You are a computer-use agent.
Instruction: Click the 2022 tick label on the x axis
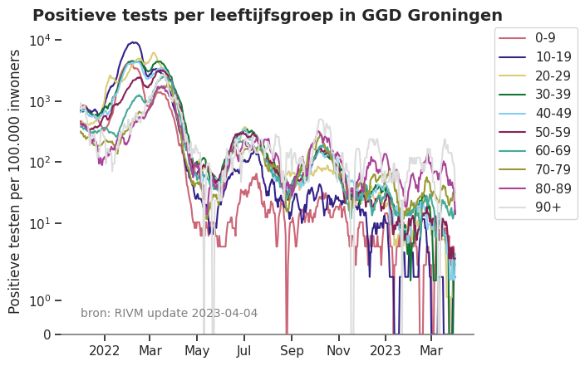pos(106,351)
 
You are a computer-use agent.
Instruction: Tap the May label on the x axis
pos(198,351)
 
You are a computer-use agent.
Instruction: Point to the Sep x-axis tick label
pos(292,351)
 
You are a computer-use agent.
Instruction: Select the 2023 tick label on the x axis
pos(386,351)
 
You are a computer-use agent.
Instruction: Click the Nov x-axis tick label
pos(339,351)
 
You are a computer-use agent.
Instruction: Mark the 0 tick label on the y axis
pos(47,335)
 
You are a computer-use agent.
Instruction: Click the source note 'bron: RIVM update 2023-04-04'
pos(169,313)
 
